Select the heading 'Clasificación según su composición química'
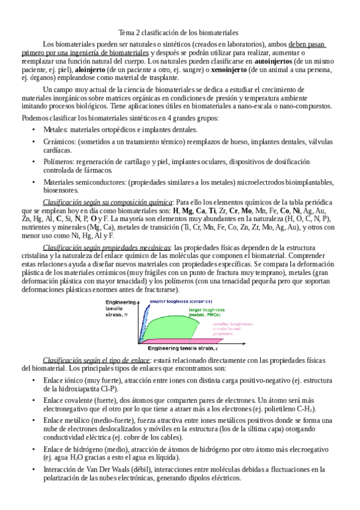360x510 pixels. pos(108,201)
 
